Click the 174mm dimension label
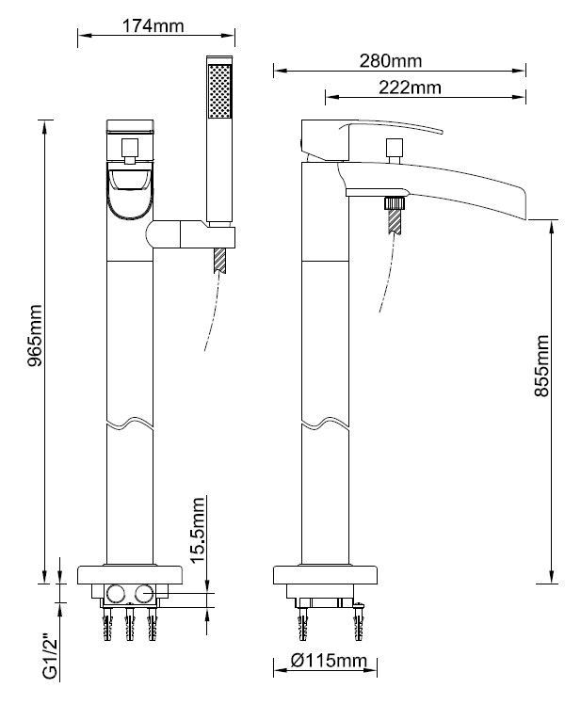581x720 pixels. click(153, 25)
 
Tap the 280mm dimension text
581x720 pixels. click(391, 60)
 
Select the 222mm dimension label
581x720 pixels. click(410, 88)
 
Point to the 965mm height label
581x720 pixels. click(35, 335)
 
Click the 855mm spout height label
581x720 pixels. click(542, 365)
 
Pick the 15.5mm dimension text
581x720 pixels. click(197, 530)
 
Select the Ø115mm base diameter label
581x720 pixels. click(329, 662)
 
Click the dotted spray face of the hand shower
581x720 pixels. click(220, 91)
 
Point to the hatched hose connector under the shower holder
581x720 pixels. click(219, 261)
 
